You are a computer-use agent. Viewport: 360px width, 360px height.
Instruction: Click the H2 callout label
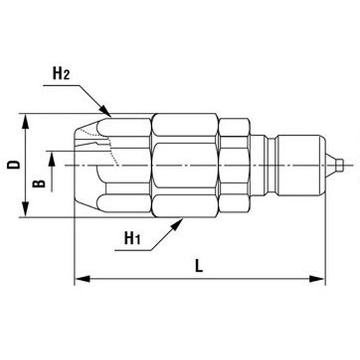coord(61,73)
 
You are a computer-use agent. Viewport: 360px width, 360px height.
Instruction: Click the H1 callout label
coord(132,238)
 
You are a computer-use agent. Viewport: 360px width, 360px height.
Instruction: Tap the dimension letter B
coord(39,184)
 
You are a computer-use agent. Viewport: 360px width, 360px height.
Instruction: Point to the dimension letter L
coord(199,266)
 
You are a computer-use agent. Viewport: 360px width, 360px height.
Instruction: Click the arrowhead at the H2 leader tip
coord(106,110)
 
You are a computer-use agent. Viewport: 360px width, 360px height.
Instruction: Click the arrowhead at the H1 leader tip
coord(177,224)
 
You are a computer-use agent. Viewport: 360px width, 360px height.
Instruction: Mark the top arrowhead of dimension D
coord(25,122)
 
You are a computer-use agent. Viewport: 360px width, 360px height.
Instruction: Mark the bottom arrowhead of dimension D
coord(25,209)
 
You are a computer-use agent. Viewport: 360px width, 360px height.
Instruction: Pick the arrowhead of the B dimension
coord(52,160)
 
